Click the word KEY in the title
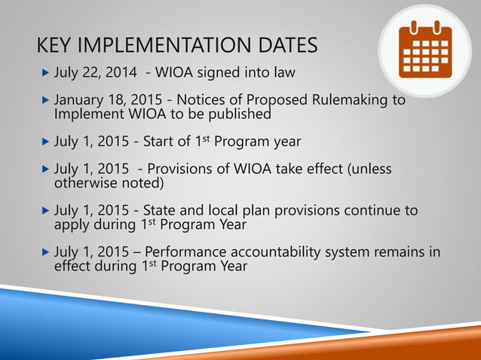57,46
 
